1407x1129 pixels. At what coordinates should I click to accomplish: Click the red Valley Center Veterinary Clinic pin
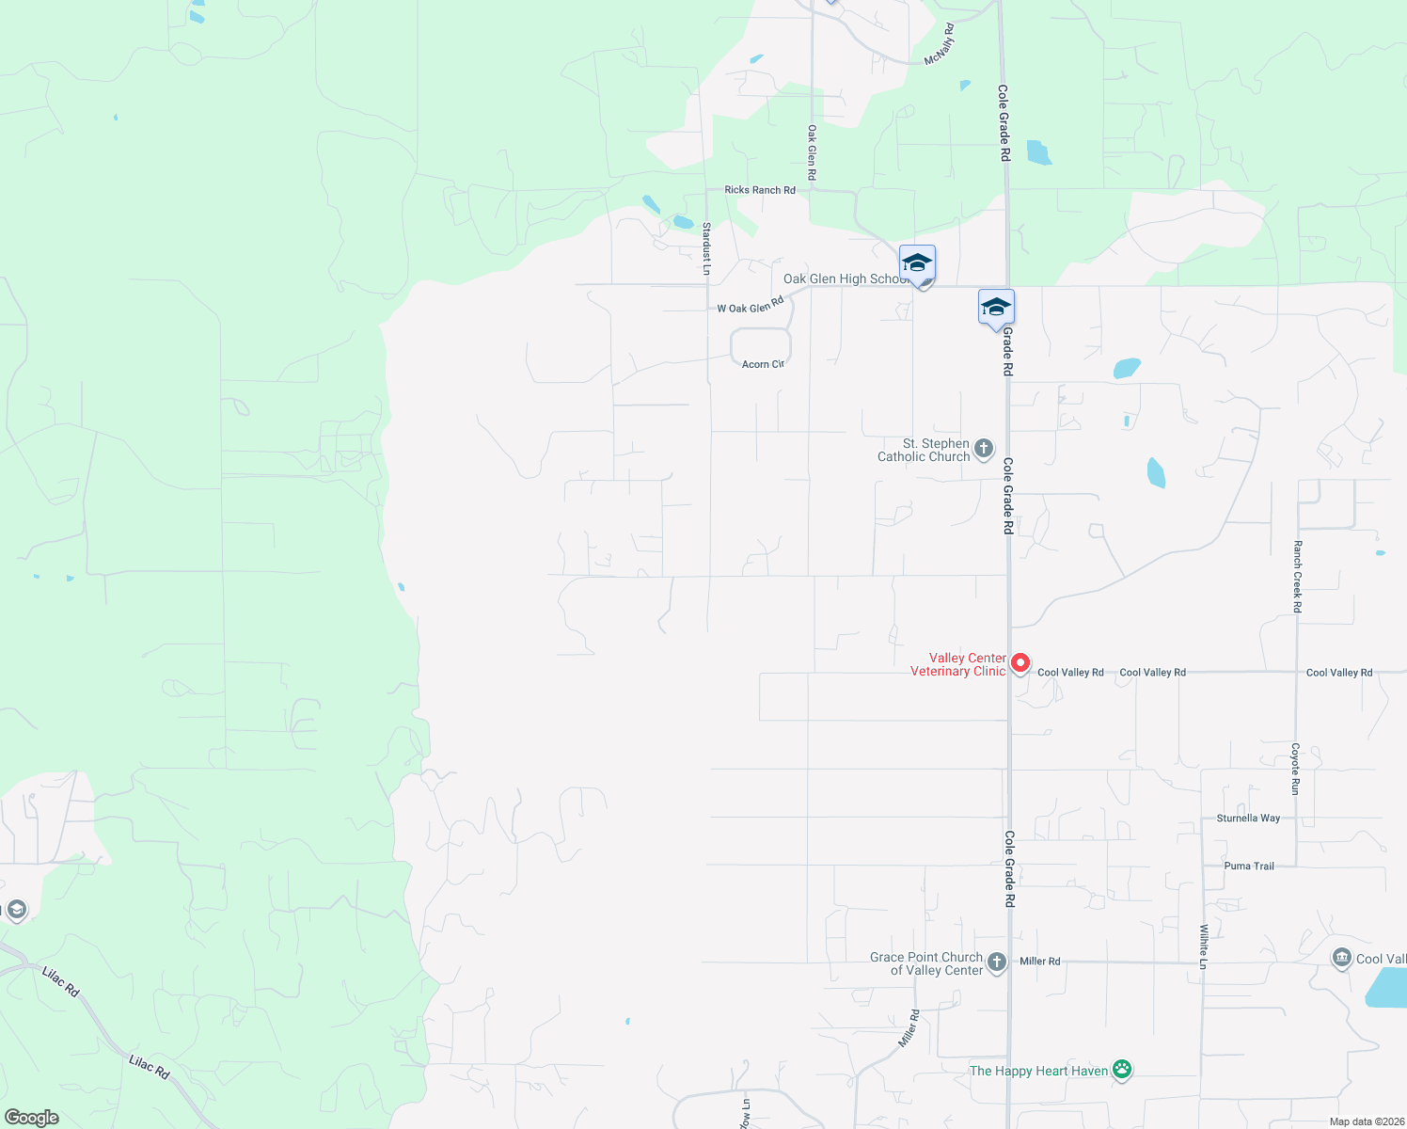point(1020,664)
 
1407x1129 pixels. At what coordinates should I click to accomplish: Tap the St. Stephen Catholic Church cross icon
point(984,449)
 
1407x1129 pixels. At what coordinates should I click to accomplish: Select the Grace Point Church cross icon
point(997,962)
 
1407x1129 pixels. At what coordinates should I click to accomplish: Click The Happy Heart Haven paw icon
point(1121,1070)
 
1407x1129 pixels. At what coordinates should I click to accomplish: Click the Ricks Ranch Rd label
point(760,190)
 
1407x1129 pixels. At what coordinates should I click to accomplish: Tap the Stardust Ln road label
point(706,248)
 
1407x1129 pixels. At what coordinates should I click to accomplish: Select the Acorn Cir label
point(763,364)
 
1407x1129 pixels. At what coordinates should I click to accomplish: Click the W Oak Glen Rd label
point(751,306)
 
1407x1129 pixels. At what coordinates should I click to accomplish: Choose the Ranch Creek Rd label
point(1298,577)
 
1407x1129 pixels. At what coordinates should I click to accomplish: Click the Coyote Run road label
point(1296,769)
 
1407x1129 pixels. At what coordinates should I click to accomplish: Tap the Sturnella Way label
point(1248,819)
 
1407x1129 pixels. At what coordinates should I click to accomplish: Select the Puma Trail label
point(1249,867)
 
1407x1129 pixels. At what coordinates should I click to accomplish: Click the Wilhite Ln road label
point(1204,946)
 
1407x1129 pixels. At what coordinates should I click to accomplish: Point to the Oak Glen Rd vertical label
point(812,152)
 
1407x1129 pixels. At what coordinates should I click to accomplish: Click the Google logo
point(32,1118)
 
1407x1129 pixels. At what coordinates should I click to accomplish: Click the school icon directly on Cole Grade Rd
point(996,308)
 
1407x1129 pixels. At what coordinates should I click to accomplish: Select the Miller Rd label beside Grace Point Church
point(1040,962)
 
